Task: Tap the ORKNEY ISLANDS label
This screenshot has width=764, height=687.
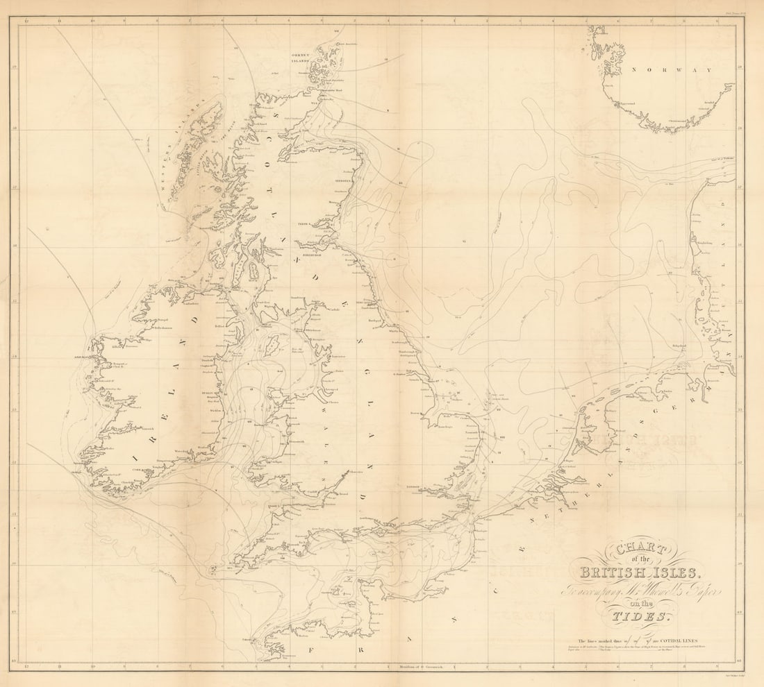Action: tap(303, 58)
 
